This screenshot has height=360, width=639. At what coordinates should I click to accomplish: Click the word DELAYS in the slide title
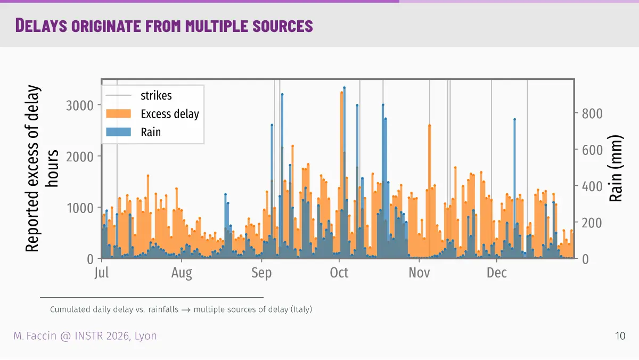pos(41,26)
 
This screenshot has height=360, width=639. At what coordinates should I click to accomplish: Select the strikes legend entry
pos(138,95)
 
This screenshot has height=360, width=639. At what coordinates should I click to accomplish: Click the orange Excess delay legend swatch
pos(118,113)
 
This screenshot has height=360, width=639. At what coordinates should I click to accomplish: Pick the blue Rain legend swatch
pos(118,132)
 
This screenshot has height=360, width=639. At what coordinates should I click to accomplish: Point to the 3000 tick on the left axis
pos(80,105)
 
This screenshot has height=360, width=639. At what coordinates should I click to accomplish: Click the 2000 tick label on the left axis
pos(80,157)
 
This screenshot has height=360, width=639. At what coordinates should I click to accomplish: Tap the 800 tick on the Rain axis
pos(592,113)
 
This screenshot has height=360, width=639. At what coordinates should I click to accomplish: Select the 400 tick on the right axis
pos(592,186)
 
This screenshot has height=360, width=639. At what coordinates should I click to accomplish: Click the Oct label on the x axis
pos(339,273)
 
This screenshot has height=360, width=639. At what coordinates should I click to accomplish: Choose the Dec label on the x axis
pos(497,273)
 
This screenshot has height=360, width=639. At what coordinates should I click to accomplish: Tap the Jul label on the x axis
pos(102,273)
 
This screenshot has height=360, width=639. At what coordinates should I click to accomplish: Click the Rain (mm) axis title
pos(616,168)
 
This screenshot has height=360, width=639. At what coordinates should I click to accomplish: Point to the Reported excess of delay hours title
pos(42,168)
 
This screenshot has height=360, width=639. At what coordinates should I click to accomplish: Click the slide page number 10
pos(620,336)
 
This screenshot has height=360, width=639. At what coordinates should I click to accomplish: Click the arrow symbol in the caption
pos(186,310)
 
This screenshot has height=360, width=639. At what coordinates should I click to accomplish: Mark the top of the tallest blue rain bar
pos(345,88)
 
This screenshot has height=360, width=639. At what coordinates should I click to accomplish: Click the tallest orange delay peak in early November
pos(430,125)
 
